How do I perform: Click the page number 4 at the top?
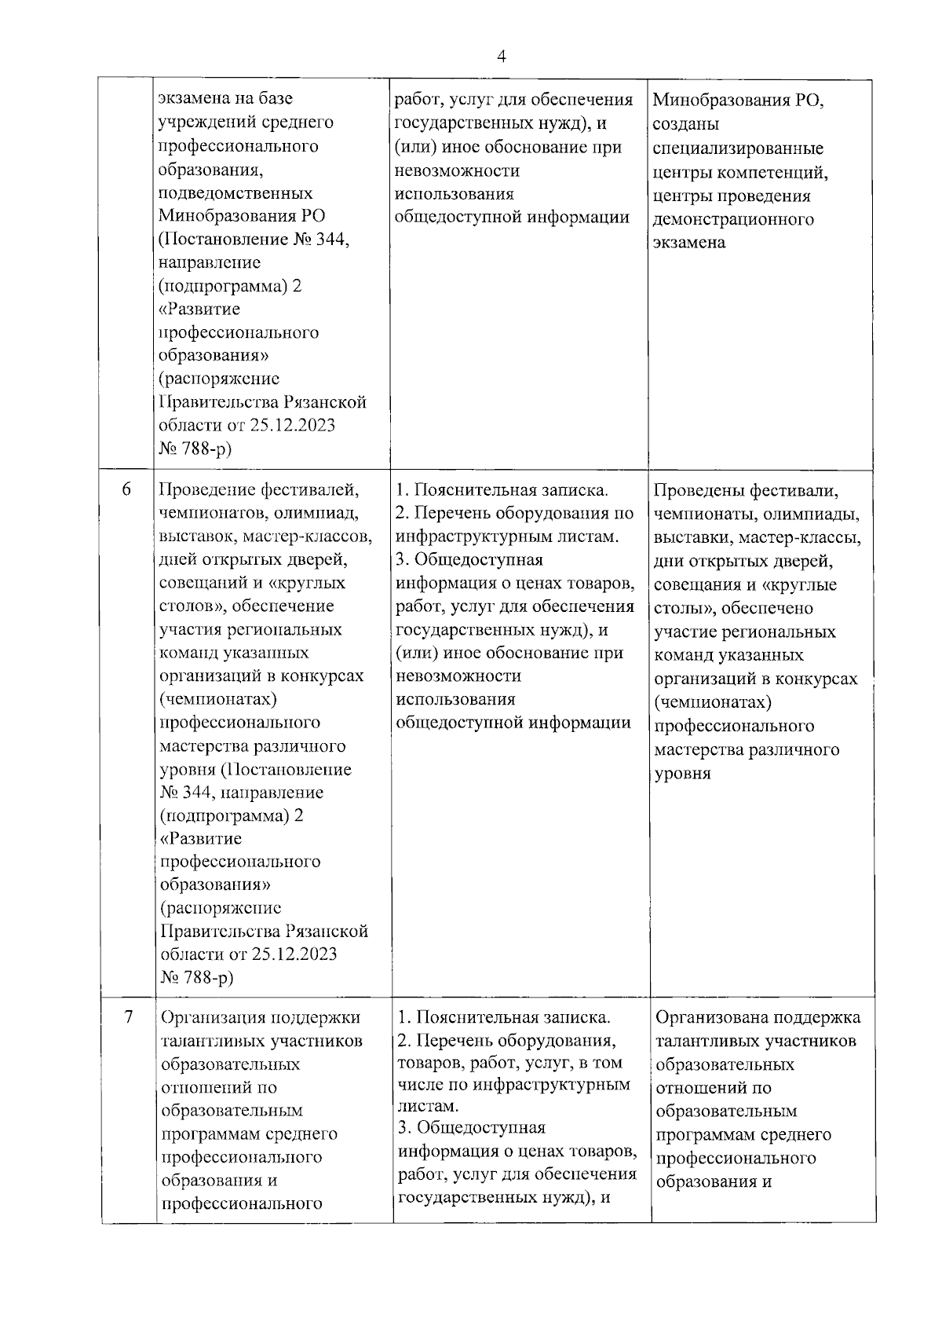tap(501, 57)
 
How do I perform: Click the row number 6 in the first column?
tap(126, 489)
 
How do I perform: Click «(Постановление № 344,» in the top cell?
tap(254, 240)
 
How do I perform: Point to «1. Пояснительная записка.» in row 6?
tap(502, 490)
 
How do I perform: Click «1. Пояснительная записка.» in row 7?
tap(504, 1017)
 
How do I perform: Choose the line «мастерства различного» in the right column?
tap(746, 749)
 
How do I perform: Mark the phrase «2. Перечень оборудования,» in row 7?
tap(506, 1040)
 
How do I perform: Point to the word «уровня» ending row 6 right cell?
tap(682, 773)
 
